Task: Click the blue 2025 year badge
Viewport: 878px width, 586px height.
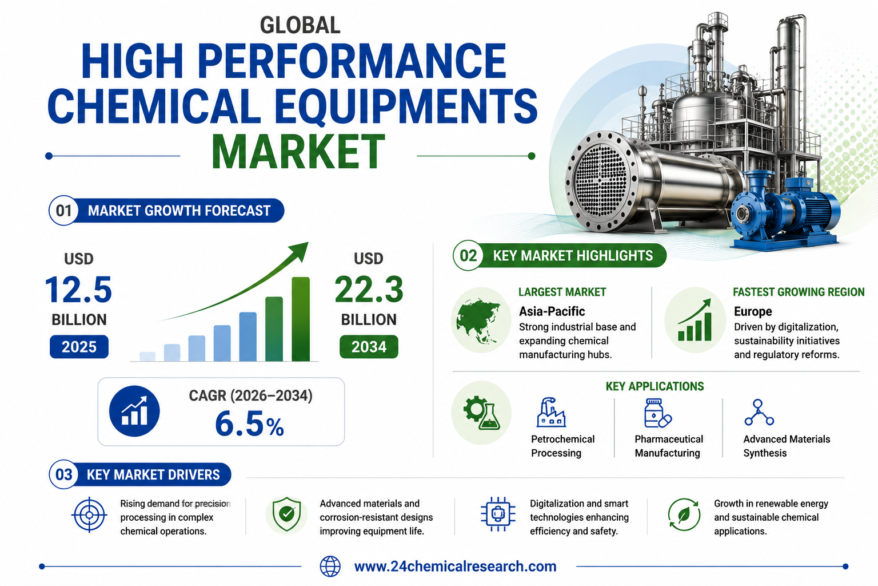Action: (79, 347)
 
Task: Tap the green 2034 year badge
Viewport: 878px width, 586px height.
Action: (369, 347)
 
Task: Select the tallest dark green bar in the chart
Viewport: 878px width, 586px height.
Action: (301, 319)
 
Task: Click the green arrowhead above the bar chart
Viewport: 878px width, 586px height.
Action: (300, 251)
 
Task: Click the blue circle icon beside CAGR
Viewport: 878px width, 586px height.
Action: (134, 411)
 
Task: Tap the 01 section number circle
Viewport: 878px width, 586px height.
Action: (63, 211)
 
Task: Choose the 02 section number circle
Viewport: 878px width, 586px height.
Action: (468, 255)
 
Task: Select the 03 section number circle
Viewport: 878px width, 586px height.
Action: (63, 474)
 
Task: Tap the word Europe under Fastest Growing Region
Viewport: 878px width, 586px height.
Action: (753, 311)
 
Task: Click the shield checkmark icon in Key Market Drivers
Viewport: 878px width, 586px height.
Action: (287, 514)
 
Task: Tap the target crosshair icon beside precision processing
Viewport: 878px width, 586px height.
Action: (89, 514)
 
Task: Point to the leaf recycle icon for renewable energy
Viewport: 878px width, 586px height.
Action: (684, 514)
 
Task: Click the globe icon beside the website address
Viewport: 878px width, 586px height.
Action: (330, 567)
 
